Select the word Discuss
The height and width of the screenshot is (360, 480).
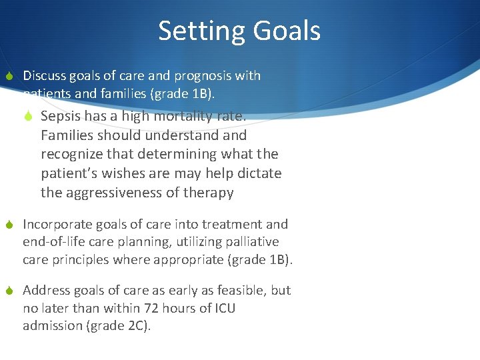(44, 76)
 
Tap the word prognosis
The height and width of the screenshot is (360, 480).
(189, 76)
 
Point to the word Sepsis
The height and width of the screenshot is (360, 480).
(61, 116)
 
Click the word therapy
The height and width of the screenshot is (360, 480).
(209, 193)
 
